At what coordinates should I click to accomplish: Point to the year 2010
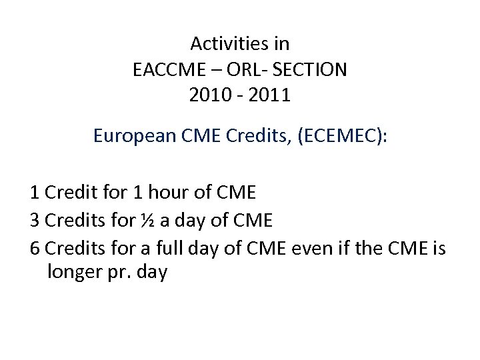tap(209, 95)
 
